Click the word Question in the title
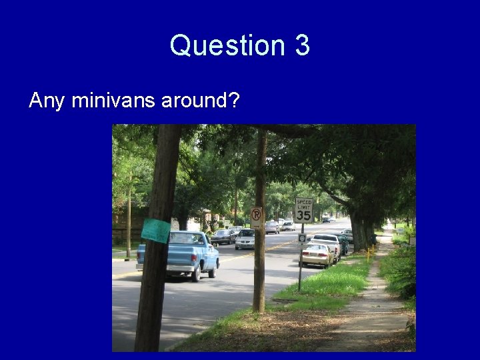(x=226, y=46)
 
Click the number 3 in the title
(x=301, y=46)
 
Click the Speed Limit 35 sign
(x=304, y=210)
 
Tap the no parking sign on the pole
(x=257, y=217)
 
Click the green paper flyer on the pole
(x=156, y=231)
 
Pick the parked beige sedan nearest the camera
(x=316, y=254)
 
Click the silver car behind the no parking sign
(x=245, y=238)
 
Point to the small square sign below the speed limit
(x=302, y=237)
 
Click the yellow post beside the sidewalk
(x=368, y=254)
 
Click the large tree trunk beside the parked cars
(x=360, y=233)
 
